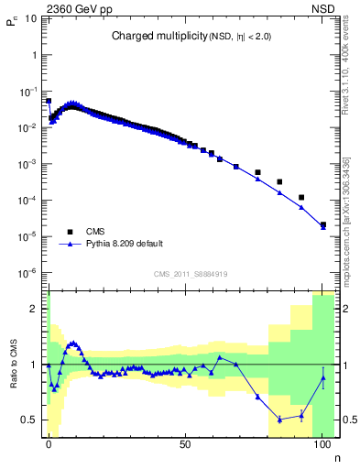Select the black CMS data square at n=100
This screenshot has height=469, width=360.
pos(322,224)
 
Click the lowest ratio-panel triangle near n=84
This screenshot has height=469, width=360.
pos(279,420)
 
